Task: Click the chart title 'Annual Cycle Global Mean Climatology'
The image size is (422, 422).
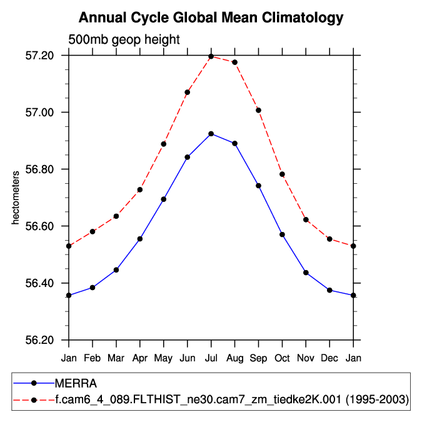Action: pyautogui.click(x=211, y=18)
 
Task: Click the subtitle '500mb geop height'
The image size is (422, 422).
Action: pyautogui.click(x=124, y=39)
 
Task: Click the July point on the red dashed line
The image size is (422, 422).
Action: pyautogui.click(x=211, y=56)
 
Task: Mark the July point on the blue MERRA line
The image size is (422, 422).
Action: pyautogui.click(x=211, y=134)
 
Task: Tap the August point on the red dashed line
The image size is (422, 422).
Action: pyautogui.click(x=235, y=62)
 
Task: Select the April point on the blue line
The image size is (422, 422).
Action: pyautogui.click(x=140, y=239)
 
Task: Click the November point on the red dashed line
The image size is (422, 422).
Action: pyautogui.click(x=306, y=219)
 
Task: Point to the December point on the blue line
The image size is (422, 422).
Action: pyautogui.click(x=330, y=290)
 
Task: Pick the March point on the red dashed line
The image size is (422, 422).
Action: pyautogui.click(x=116, y=216)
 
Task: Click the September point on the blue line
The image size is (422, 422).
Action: pyautogui.click(x=259, y=186)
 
